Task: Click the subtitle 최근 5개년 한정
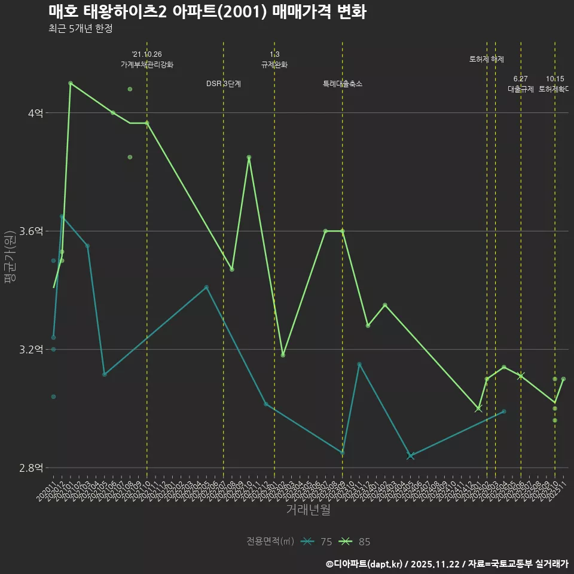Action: tap(80, 28)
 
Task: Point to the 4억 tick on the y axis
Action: tap(35, 113)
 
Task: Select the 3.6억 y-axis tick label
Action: tap(31, 231)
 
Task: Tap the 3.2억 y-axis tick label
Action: tap(31, 350)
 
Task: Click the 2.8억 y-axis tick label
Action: tap(31, 468)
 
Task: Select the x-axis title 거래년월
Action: tap(308, 510)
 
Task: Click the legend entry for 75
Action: tap(316, 542)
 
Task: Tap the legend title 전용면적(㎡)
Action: tap(270, 542)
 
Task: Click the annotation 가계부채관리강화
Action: tap(147, 65)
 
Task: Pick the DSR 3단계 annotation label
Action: tap(224, 84)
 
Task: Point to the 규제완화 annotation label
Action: tap(274, 65)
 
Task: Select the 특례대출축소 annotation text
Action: tap(343, 84)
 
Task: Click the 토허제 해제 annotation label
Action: tap(487, 59)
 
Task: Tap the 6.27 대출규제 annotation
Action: tap(521, 84)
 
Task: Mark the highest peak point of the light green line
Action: tap(71, 83)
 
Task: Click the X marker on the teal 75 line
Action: tap(410, 456)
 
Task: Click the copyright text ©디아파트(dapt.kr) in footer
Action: tap(365, 564)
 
